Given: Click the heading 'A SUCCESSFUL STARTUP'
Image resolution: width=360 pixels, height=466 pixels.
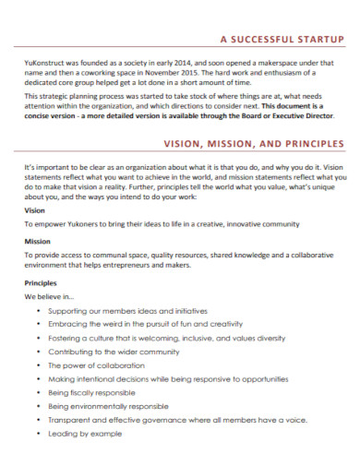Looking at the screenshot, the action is tap(282, 41).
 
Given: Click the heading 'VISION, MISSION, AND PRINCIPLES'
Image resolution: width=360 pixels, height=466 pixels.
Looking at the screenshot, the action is tap(254, 144).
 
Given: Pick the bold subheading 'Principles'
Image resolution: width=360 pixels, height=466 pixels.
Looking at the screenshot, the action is tap(41, 282).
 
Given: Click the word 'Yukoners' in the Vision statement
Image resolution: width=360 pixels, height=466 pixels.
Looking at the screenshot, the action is tap(85, 223).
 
